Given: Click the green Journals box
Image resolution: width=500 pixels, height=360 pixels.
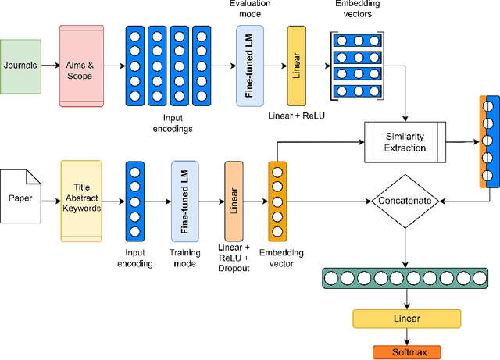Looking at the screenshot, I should [21, 66].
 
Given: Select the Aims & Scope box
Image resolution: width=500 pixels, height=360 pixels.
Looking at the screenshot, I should [81, 66].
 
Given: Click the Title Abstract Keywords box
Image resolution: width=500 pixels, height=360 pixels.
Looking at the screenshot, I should [81, 199].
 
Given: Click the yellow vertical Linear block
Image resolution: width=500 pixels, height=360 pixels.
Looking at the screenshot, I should [297, 66].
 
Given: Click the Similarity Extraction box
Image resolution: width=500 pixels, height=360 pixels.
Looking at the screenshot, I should [405, 142].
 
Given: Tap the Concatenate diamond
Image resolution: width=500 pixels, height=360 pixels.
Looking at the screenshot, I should [405, 201].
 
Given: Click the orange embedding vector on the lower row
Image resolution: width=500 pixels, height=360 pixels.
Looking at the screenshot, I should [277, 201].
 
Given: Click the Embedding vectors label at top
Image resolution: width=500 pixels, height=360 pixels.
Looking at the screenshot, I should [357, 9].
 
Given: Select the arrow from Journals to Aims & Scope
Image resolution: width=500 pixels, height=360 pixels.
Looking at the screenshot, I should [50, 66].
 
